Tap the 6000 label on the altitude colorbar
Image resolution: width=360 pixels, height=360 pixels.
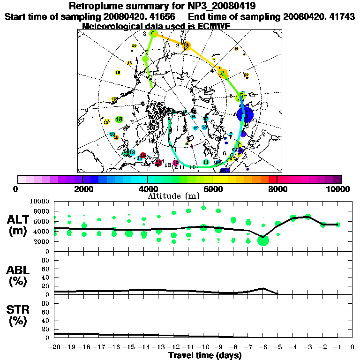point(212,189)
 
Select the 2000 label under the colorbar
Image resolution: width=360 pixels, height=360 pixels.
point(82,189)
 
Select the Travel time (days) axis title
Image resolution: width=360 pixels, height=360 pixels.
point(205,355)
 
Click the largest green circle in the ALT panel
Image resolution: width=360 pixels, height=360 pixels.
point(263,240)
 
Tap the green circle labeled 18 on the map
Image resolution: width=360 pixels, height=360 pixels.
point(119,120)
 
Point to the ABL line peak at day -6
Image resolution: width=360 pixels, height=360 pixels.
point(263,288)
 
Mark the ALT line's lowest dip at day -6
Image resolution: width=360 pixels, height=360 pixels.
point(263,237)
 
